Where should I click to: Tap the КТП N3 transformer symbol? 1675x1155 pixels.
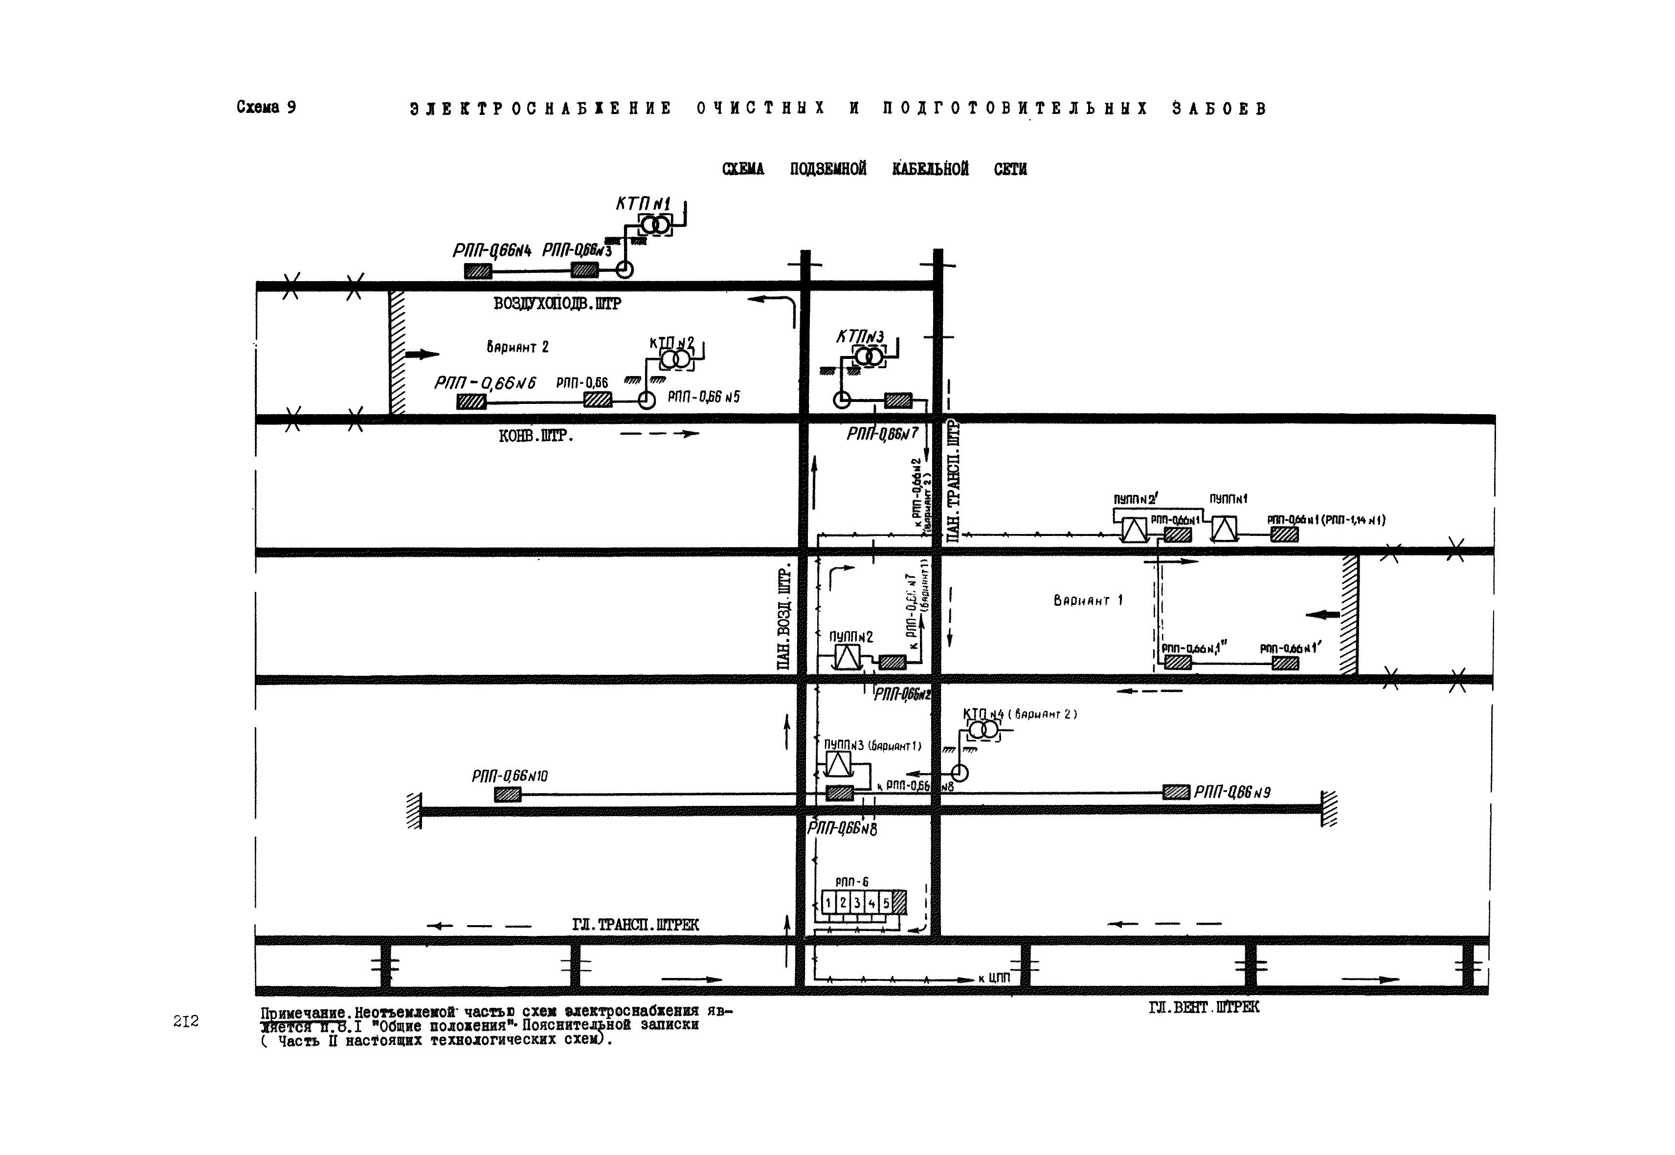point(869,356)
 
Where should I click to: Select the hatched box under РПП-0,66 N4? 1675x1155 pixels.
point(478,271)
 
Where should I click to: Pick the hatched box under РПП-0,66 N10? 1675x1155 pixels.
point(508,795)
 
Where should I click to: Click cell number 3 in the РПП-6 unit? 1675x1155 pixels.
point(857,903)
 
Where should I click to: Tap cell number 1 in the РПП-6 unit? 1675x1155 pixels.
point(829,903)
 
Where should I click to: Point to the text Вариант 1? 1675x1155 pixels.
point(1088,600)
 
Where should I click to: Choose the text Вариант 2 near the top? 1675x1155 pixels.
point(517,347)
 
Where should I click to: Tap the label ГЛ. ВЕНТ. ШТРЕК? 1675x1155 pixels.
point(1203,1007)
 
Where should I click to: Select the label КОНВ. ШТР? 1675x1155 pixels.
point(536,436)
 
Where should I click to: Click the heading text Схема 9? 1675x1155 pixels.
point(266,107)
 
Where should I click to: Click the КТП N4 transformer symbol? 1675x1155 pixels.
point(983,730)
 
